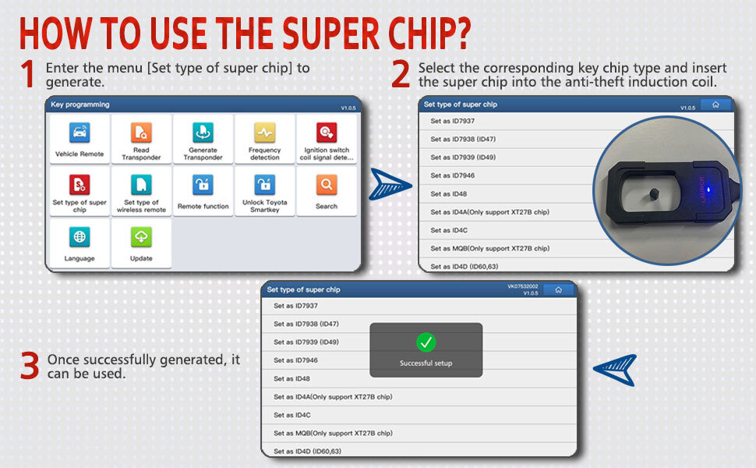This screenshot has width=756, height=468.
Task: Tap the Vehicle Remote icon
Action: click(79, 132)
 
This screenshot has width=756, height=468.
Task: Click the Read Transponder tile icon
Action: click(141, 132)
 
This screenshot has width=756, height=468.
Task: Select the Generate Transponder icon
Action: click(203, 132)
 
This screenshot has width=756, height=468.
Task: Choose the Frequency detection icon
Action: click(265, 132)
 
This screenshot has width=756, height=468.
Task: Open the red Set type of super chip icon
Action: click(79, 184)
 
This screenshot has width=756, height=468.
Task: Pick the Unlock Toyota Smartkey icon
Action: click(265, 184)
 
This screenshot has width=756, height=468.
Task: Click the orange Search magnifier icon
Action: click(327, 184)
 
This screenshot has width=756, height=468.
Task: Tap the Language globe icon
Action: click(79, 237)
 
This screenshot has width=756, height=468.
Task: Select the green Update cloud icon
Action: click(141, 237)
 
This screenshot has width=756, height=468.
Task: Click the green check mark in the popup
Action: click(426, 342)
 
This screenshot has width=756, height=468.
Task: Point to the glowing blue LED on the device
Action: click(708, 190)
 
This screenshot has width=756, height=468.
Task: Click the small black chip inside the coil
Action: click(654, 193)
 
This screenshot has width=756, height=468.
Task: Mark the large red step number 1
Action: click(28, 74)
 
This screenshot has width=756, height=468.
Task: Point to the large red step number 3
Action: click(30, 366)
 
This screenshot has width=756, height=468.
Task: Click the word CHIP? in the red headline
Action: click(429, 34)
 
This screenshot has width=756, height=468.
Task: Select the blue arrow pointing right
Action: click(390, 184)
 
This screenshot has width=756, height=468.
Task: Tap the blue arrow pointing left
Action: click(615, 370)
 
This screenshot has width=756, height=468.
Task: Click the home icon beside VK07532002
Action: click(558, 289)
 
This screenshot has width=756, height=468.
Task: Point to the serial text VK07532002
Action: click(523, 286)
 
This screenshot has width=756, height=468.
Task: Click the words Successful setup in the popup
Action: click(426, 363)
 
